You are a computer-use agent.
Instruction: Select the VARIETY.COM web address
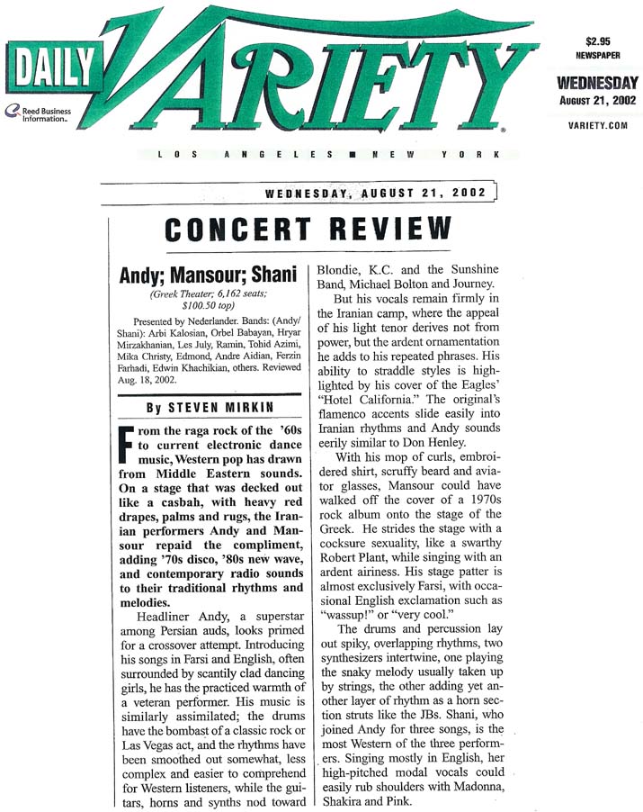[596, 127]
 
